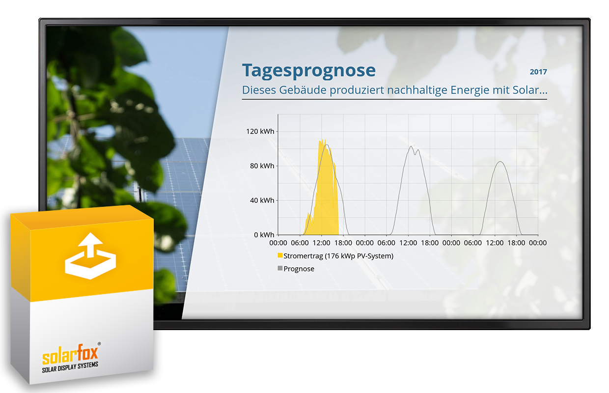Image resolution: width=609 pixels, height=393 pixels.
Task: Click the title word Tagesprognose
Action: [309, 71]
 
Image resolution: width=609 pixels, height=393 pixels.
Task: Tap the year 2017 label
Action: [538, 72]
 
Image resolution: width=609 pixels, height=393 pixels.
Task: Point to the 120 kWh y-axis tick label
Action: [260, 131]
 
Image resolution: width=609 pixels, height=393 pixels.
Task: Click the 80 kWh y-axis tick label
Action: [262, 166]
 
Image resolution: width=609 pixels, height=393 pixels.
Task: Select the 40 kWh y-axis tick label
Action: [262, 200]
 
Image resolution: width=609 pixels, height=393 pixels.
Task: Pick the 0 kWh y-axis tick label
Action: [264, 235]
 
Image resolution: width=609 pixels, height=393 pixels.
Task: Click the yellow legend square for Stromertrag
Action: [280, 255]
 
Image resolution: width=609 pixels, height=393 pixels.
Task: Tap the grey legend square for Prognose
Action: [280, 268]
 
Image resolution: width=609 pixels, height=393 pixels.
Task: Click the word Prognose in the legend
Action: [299, 269]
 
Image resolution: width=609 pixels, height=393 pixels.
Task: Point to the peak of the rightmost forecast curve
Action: [500, 162]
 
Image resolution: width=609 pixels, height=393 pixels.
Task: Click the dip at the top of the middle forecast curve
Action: [415, 154]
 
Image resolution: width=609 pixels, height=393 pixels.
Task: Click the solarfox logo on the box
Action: [70, 355]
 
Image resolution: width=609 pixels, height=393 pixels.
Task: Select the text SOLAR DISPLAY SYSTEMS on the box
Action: [70, 367]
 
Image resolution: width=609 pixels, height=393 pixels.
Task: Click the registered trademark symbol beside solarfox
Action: [99, 344]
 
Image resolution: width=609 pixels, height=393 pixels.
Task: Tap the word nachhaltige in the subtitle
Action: [417, 90]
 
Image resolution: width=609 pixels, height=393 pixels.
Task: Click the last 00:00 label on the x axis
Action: [538, 243]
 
